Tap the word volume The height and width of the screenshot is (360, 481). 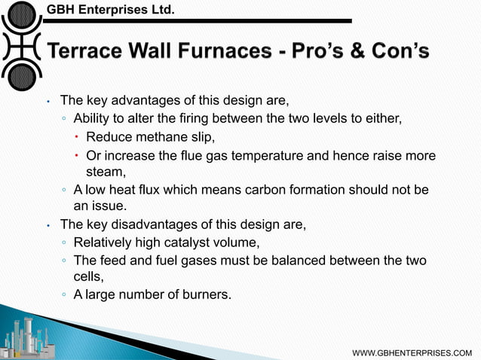pyautogui.click(x=247, y=242)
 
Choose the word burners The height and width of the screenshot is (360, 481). pyautogui.click(x=204, y=294)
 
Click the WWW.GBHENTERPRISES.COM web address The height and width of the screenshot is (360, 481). pyautogui.click(x=417, y=352)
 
